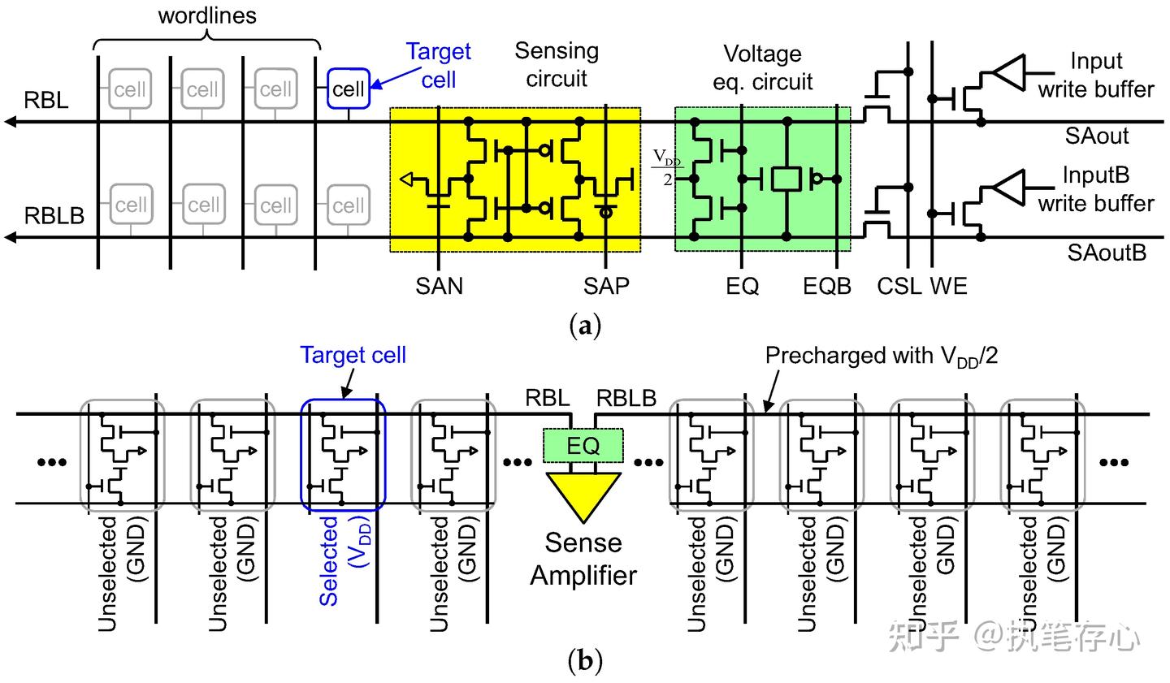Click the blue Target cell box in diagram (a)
coord(349,89)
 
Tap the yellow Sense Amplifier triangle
coord(583,495)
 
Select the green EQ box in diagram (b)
coord(583,445)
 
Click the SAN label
coord(439,286)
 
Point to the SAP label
coord(606,286)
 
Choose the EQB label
coord(827,286)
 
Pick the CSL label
coord(899,286)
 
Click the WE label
coord(948,286)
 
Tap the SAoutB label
coord(1107,253)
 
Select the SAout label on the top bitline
coord(1097,136)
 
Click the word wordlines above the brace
coord(207,15)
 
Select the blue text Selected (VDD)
coord(341,560)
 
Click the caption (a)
coord(585,326)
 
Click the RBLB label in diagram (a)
coord(54,216)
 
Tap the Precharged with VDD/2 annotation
coord(882,356)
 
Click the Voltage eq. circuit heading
coord(762,67)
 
